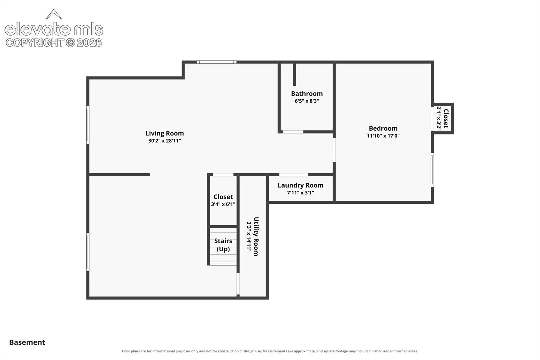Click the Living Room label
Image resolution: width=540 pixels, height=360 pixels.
pos(164,133)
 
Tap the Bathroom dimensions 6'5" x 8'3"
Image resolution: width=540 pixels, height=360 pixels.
pos(307,101)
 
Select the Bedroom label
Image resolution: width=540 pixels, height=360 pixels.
pos(383,128)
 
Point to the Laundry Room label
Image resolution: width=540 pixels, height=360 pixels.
pos(300,185)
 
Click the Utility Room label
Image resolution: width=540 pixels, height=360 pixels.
pos(256,236)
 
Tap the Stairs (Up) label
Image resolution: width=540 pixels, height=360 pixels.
pos(223,245)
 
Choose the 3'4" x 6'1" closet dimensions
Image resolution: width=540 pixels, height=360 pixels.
pos(223,204)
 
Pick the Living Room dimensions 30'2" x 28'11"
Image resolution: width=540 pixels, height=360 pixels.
pos(164,141)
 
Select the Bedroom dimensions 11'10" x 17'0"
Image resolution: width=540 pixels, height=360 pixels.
pos(383,136)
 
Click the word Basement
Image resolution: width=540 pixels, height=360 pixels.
pos(27,342)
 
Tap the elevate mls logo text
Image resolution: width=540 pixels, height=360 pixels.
pos(54,29)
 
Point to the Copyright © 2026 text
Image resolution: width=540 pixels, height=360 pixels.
pos(54,43)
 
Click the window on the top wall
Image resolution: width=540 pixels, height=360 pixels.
pos(216,62)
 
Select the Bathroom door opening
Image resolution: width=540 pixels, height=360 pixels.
pos(293,132)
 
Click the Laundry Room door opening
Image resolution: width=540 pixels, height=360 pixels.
pos(294,175)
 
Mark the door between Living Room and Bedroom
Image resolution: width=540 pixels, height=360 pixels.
pos(334,150)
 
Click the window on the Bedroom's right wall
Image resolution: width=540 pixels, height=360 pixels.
pos(432,170)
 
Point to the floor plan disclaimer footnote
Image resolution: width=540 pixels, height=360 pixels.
pos(270,351)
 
